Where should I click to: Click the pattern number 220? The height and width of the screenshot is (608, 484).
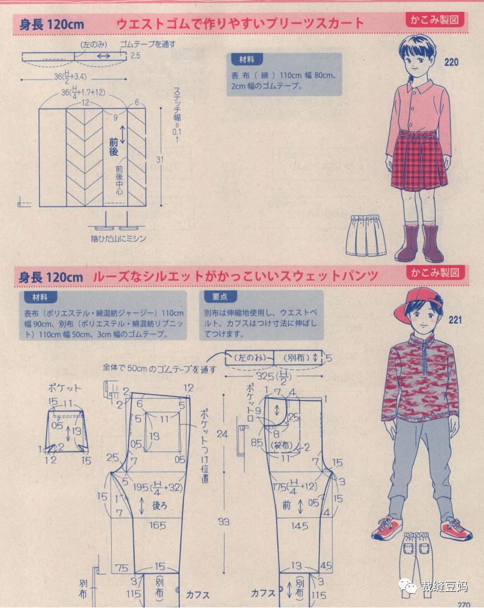452,62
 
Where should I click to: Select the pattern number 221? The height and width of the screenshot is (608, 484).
455,320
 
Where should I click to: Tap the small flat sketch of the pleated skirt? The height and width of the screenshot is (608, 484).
366,235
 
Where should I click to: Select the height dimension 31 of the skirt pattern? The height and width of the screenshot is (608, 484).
161,160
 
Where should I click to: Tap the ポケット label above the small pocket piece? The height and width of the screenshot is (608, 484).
65,388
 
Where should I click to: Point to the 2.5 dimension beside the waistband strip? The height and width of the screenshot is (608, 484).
137,56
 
